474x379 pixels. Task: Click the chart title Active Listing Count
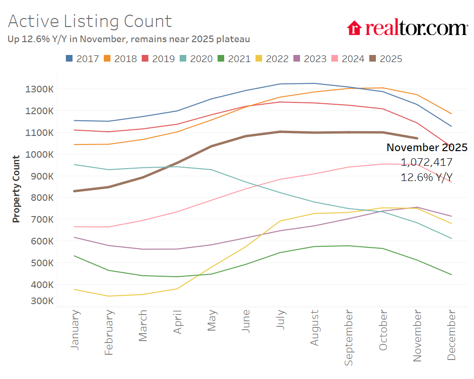click(x=90, y=21)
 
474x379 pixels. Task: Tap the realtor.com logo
click(x=407, y=28)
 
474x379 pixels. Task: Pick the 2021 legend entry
click(x=234, y=59)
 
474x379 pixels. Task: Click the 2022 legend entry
click(x=272, y=59)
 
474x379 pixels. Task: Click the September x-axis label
click(x=349, y=338)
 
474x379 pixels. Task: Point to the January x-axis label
click(x=75, y=330)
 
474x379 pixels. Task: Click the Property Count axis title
click(x=17, y=189)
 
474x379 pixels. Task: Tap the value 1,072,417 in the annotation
click(x=427, y=162)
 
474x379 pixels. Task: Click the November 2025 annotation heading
click(x=427, y=147)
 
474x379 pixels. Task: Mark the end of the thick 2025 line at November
click(x=417, y=138)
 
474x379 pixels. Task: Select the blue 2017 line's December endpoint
click(x=451, y=126)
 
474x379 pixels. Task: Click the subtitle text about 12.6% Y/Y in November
click(x=128, y=39)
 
